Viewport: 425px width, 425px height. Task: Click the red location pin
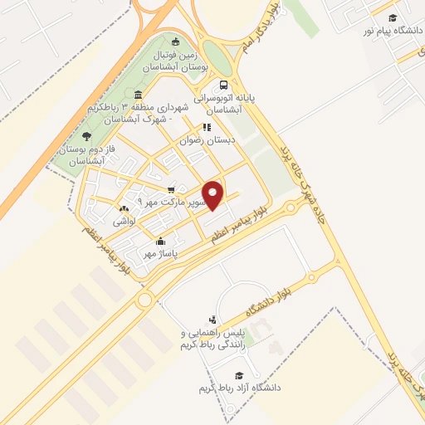pyautogui.click(x=213, y=194)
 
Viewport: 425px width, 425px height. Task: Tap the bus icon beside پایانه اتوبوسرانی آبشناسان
pyautogui.click(x=222, y=85)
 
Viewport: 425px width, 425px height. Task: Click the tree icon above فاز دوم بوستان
pyautogui.click(x=87, y=136)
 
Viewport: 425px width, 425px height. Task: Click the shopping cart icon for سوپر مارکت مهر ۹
pyautogui.click(x=172, y=189)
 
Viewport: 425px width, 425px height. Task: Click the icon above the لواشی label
pyautogui.click(x=124, y=208)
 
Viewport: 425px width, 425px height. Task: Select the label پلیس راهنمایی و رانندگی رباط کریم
pyautogui.click(x=209, y=340)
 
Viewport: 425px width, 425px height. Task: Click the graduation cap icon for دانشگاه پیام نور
pyautogui.click(x=390, y=16)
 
